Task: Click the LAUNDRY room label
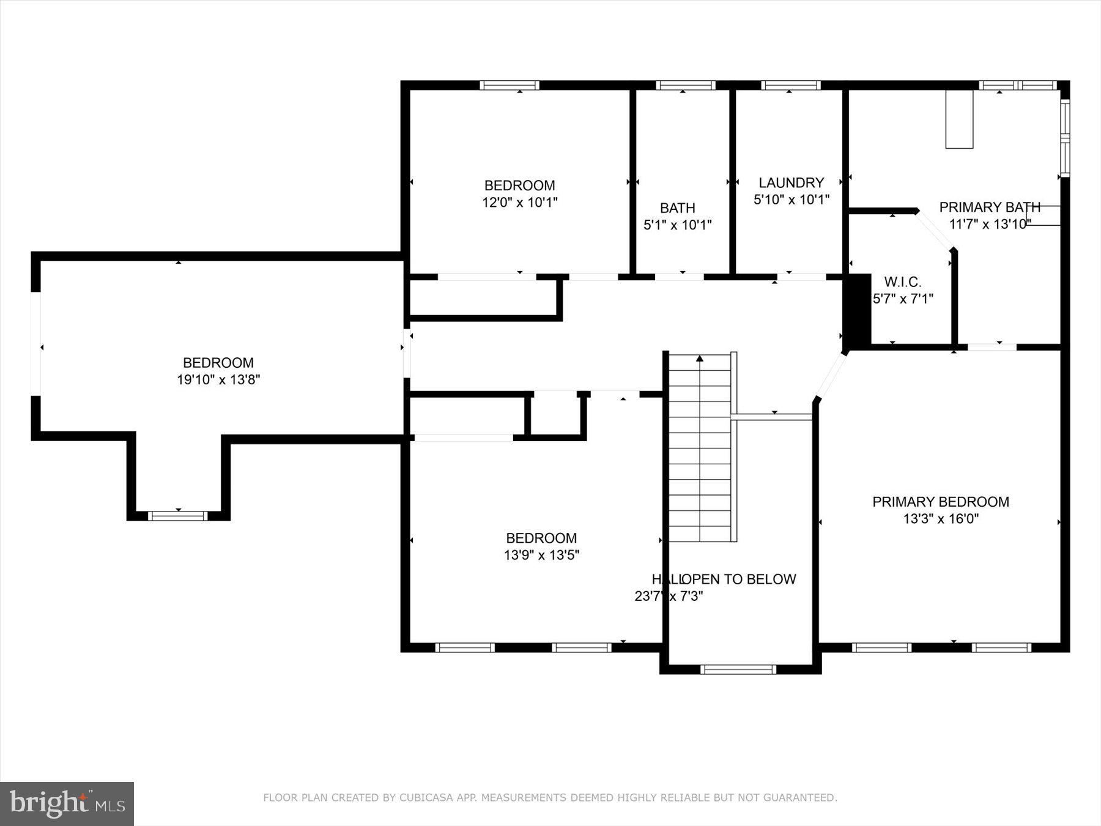(x=791, y=182)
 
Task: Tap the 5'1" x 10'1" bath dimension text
(x=677, y=225)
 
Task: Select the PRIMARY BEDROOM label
(x=940, y=502)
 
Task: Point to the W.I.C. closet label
(x=902, y=282)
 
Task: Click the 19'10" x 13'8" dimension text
(x=218, y=380)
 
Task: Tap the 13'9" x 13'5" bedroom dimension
(x=541, y=556)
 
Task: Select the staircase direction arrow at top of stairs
(x=700, y=359)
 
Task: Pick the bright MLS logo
(x=67, y=803)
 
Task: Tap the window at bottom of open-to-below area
(x=738, y=669)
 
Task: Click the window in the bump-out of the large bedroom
(x=179, y=516)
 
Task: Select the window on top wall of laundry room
(x=790, y=85)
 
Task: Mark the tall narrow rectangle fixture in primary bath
(x=958, y=119)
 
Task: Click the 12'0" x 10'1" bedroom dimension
(x=519, y=203)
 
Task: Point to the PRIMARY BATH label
(x=990, y=207)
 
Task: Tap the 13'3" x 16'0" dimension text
(x=940, y=519)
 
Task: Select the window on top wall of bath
(x=685, y=85)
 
